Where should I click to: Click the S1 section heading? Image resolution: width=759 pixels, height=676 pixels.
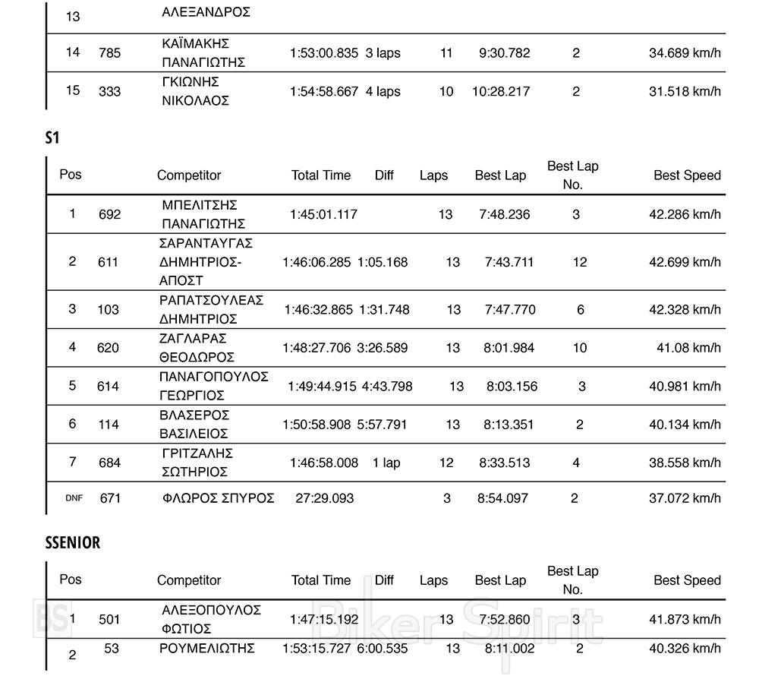click(52, 137)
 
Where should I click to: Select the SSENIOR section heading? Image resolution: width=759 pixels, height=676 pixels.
click(72, 542)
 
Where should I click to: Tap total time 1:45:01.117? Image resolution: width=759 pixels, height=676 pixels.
click(323, 214)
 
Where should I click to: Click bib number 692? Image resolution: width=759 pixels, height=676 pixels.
click(109, 214)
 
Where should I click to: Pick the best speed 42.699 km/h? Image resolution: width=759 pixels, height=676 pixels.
click(685, 262)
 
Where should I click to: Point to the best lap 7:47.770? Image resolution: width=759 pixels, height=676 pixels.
click(509, 309)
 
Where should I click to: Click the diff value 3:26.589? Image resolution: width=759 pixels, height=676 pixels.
click(383, 348)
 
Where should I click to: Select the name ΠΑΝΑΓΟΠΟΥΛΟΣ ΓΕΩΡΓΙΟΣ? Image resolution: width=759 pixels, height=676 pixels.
click(213, 386)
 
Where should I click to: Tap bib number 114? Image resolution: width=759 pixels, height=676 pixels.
click(109, 425)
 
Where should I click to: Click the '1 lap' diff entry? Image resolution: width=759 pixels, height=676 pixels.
click(386, 463)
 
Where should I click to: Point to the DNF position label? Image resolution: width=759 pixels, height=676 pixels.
click(74, 498)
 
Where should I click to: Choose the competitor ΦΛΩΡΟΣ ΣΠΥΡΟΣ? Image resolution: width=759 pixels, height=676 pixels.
click(218, 498)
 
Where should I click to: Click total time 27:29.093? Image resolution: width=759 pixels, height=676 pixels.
click(324, 498)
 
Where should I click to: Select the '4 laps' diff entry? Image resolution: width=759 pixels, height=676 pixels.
click(383, 91)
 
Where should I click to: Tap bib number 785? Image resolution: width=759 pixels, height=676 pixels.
click(109, 53)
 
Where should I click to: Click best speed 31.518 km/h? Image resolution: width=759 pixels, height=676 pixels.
click(685, 91)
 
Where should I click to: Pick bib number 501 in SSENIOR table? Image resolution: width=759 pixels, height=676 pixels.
click(109, 620)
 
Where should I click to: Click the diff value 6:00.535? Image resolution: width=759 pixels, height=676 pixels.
click(383, 649)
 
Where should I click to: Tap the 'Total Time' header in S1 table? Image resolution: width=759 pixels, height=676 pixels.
click(321, 175)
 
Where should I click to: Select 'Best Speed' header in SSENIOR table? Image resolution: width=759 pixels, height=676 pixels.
click(687, 580)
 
